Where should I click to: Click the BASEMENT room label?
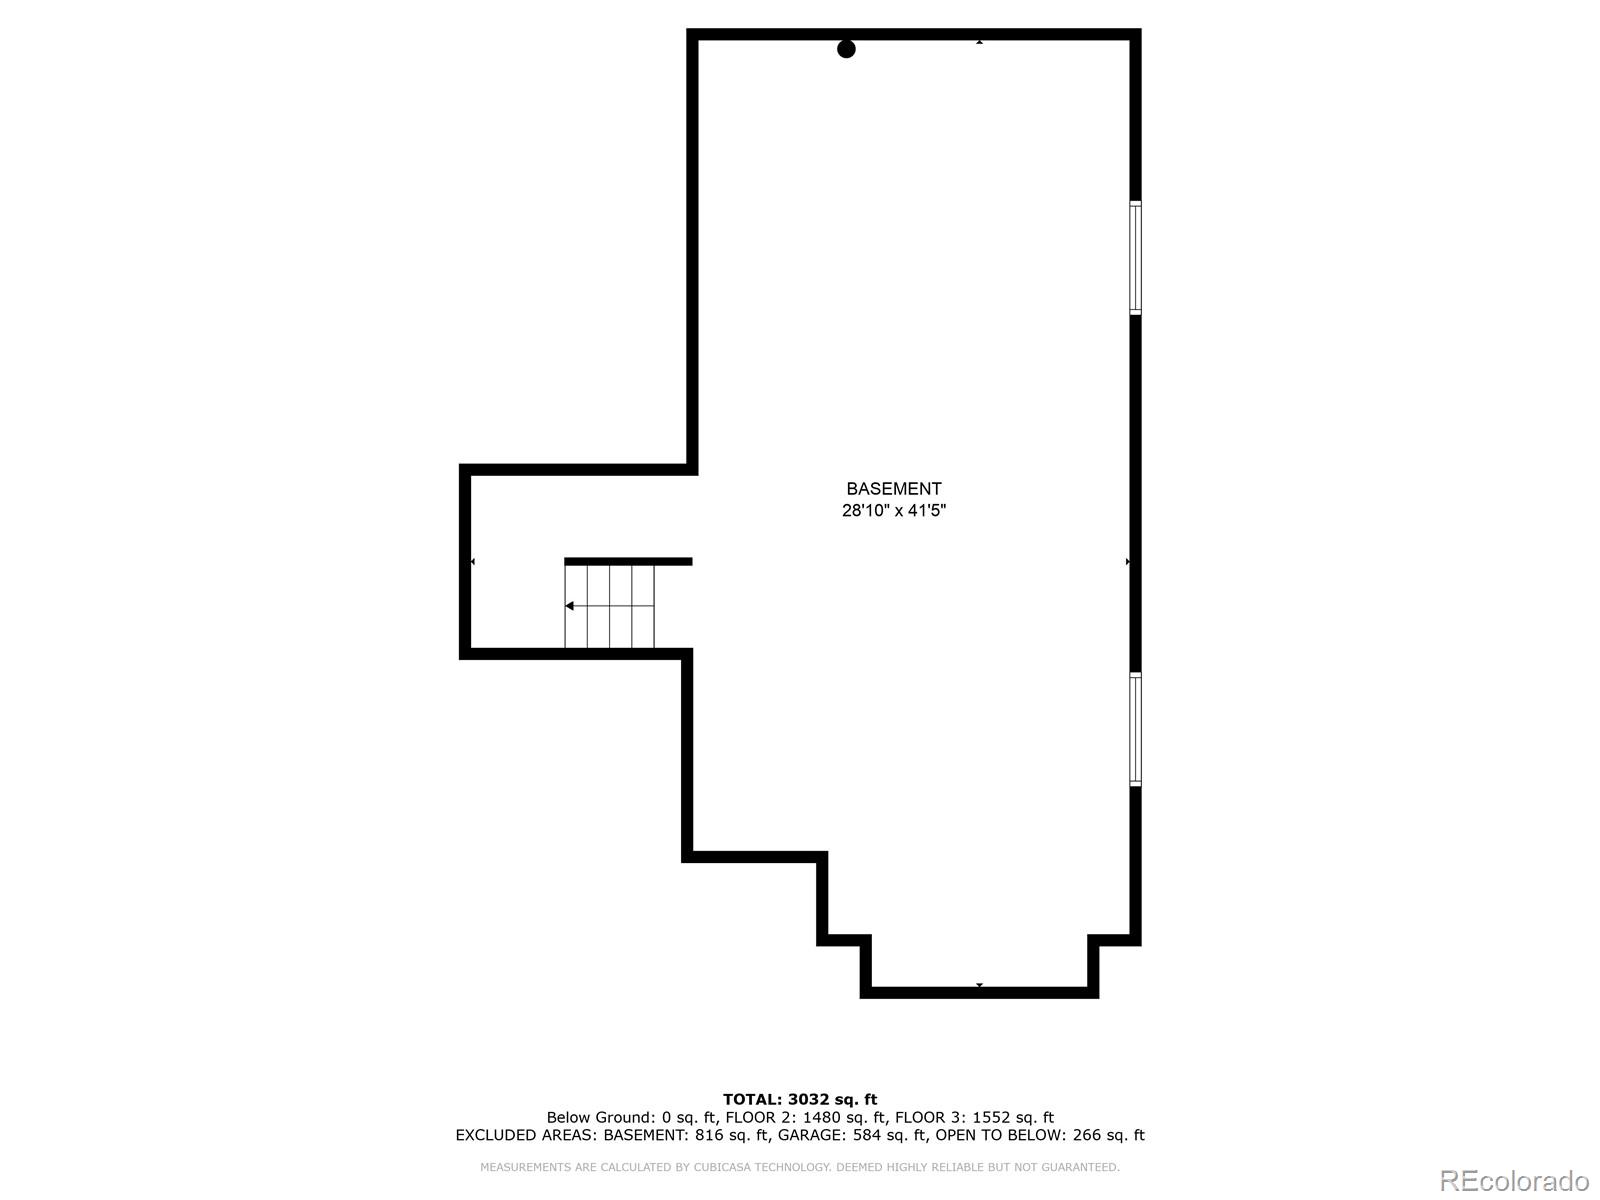(x=893, y=489)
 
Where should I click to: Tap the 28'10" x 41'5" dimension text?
(x=893, y=511)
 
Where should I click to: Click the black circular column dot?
(x=846, y=49)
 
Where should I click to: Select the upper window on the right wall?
(x=1135, y=258)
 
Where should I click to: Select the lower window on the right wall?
(x=1135, y=729)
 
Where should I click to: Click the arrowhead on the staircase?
(x=570, y=606)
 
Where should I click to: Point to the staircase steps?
(x=610, y=606)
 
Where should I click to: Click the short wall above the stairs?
(x=628, y=562)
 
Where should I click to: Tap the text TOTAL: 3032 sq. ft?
(x=800, y=1100)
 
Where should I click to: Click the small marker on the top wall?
(x=979, y=42)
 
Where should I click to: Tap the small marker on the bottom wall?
(x=979, y=986)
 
